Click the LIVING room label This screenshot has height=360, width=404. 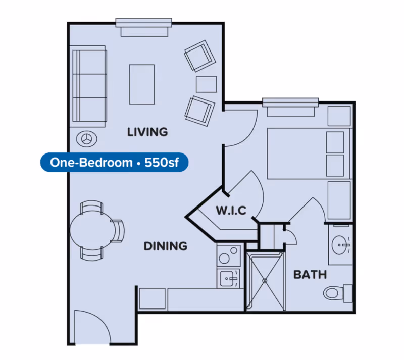coord(147,132)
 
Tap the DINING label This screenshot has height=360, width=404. coord(166,246)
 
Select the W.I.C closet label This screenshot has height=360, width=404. coord(231,211)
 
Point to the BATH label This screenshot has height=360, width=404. coord(310,275)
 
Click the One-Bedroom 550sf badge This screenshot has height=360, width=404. coord(112,163)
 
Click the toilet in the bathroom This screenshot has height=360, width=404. coord(336,292)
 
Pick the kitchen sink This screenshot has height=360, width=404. coord(229,277)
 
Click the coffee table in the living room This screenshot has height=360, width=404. coord(142,84)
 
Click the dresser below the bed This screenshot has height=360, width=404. coord(339,199)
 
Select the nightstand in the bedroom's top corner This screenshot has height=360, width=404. coord(339,116)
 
